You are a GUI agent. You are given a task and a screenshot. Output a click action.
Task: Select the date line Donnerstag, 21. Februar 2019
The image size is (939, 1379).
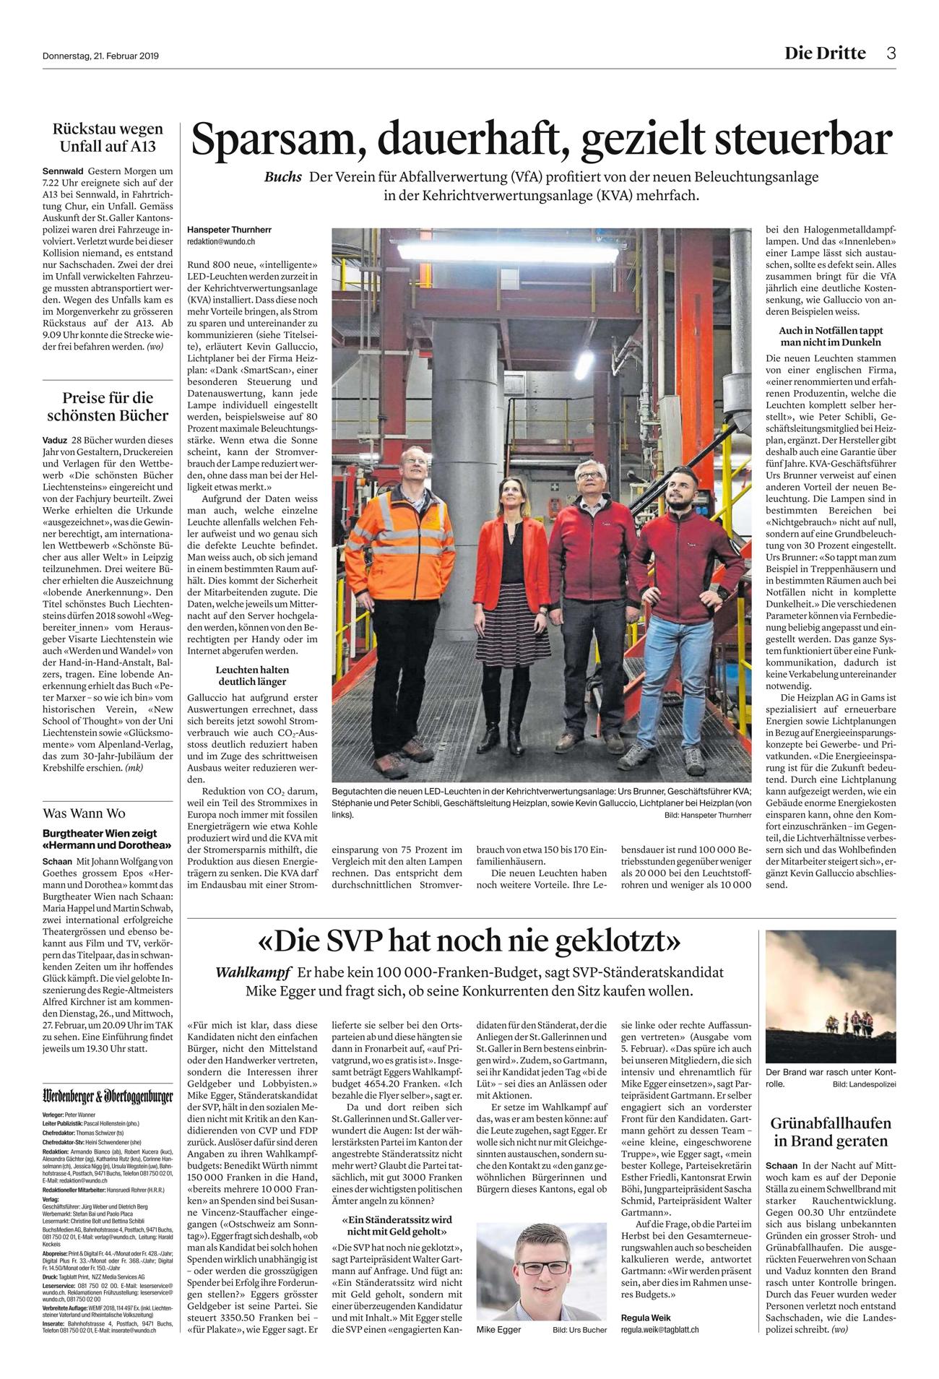[100, 55]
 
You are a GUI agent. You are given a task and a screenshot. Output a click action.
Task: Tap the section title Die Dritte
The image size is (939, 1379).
[826, 53]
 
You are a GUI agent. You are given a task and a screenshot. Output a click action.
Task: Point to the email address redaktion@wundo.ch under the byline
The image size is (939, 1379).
[220, 241]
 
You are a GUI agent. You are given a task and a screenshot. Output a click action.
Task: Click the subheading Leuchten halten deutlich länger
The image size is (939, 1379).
[252, 675]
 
